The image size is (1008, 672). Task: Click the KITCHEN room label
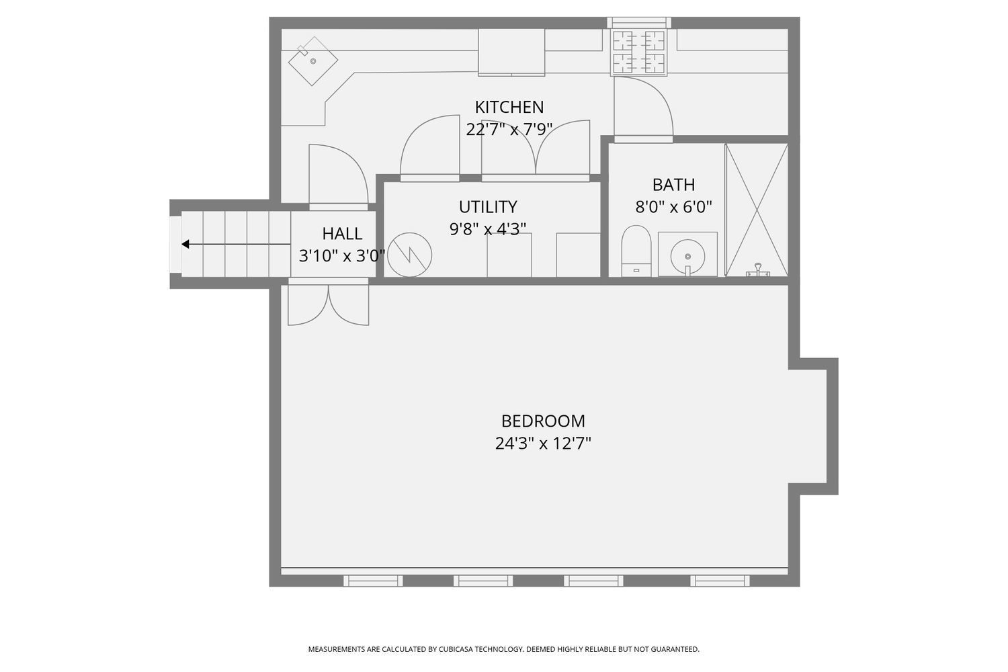509,107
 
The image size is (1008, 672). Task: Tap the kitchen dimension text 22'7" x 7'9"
509,130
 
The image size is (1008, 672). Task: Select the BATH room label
673,185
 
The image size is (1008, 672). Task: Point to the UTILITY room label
488,206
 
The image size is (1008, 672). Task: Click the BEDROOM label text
543,421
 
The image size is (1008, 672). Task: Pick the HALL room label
342,234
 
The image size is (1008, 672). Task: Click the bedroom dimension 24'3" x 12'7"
543,444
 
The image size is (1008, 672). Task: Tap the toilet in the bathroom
636,251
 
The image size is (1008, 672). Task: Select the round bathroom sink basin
687,257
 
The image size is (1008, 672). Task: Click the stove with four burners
638,52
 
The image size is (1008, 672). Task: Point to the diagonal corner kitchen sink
313,61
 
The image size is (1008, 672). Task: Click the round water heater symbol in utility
409,255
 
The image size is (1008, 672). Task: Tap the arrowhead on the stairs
185,244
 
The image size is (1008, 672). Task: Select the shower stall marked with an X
757,210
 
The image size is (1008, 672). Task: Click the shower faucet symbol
758,270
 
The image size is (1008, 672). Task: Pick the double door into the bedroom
329,302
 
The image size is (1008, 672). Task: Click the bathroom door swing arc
657,90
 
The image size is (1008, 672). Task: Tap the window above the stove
639,23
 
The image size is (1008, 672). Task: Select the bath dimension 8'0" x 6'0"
673,207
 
